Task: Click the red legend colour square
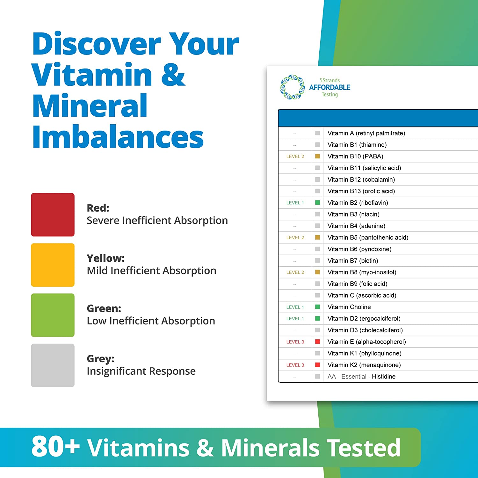[x=53, y=214]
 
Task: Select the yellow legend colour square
[x=53, y=265]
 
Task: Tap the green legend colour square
[x=53, y=315]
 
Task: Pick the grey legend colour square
[x=53, y=365]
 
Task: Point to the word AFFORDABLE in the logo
[x=330, y=87]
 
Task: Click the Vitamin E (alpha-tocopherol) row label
[x=366, y=342]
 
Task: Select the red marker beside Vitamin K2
[x=317, y=365]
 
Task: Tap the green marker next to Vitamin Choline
[x=317, y=307]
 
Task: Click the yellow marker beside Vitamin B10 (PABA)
[x=317, y=156]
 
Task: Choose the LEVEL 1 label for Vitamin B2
[x=295, y=203]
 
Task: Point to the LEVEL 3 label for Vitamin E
[x=295, y=342]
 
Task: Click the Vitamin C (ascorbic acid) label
[x=362, y=295]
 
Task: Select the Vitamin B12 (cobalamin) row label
[x=361, y=179]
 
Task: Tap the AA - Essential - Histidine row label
[x=361, y=376]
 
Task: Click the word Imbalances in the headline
[x=118, y=137]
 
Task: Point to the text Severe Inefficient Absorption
[x=157, y=220]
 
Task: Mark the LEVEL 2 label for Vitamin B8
[x=295, y=272]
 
